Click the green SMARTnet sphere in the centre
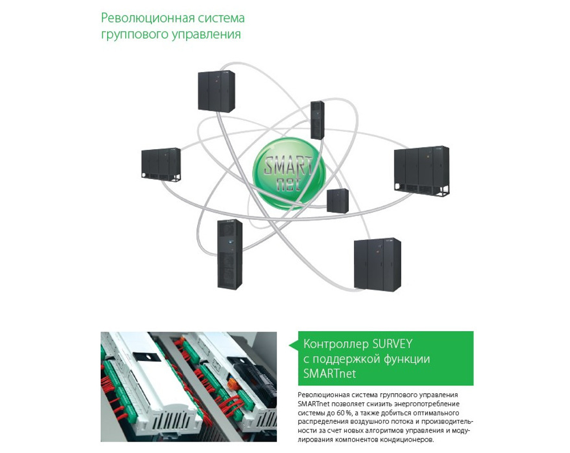288,173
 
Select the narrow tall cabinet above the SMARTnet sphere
317,120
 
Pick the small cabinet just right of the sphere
337,201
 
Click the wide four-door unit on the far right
422,171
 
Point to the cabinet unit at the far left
161,164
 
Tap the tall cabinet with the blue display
229,254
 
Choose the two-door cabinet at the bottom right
377,264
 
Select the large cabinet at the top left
216,92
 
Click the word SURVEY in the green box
388,344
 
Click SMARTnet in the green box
329,373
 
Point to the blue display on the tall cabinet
229,241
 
